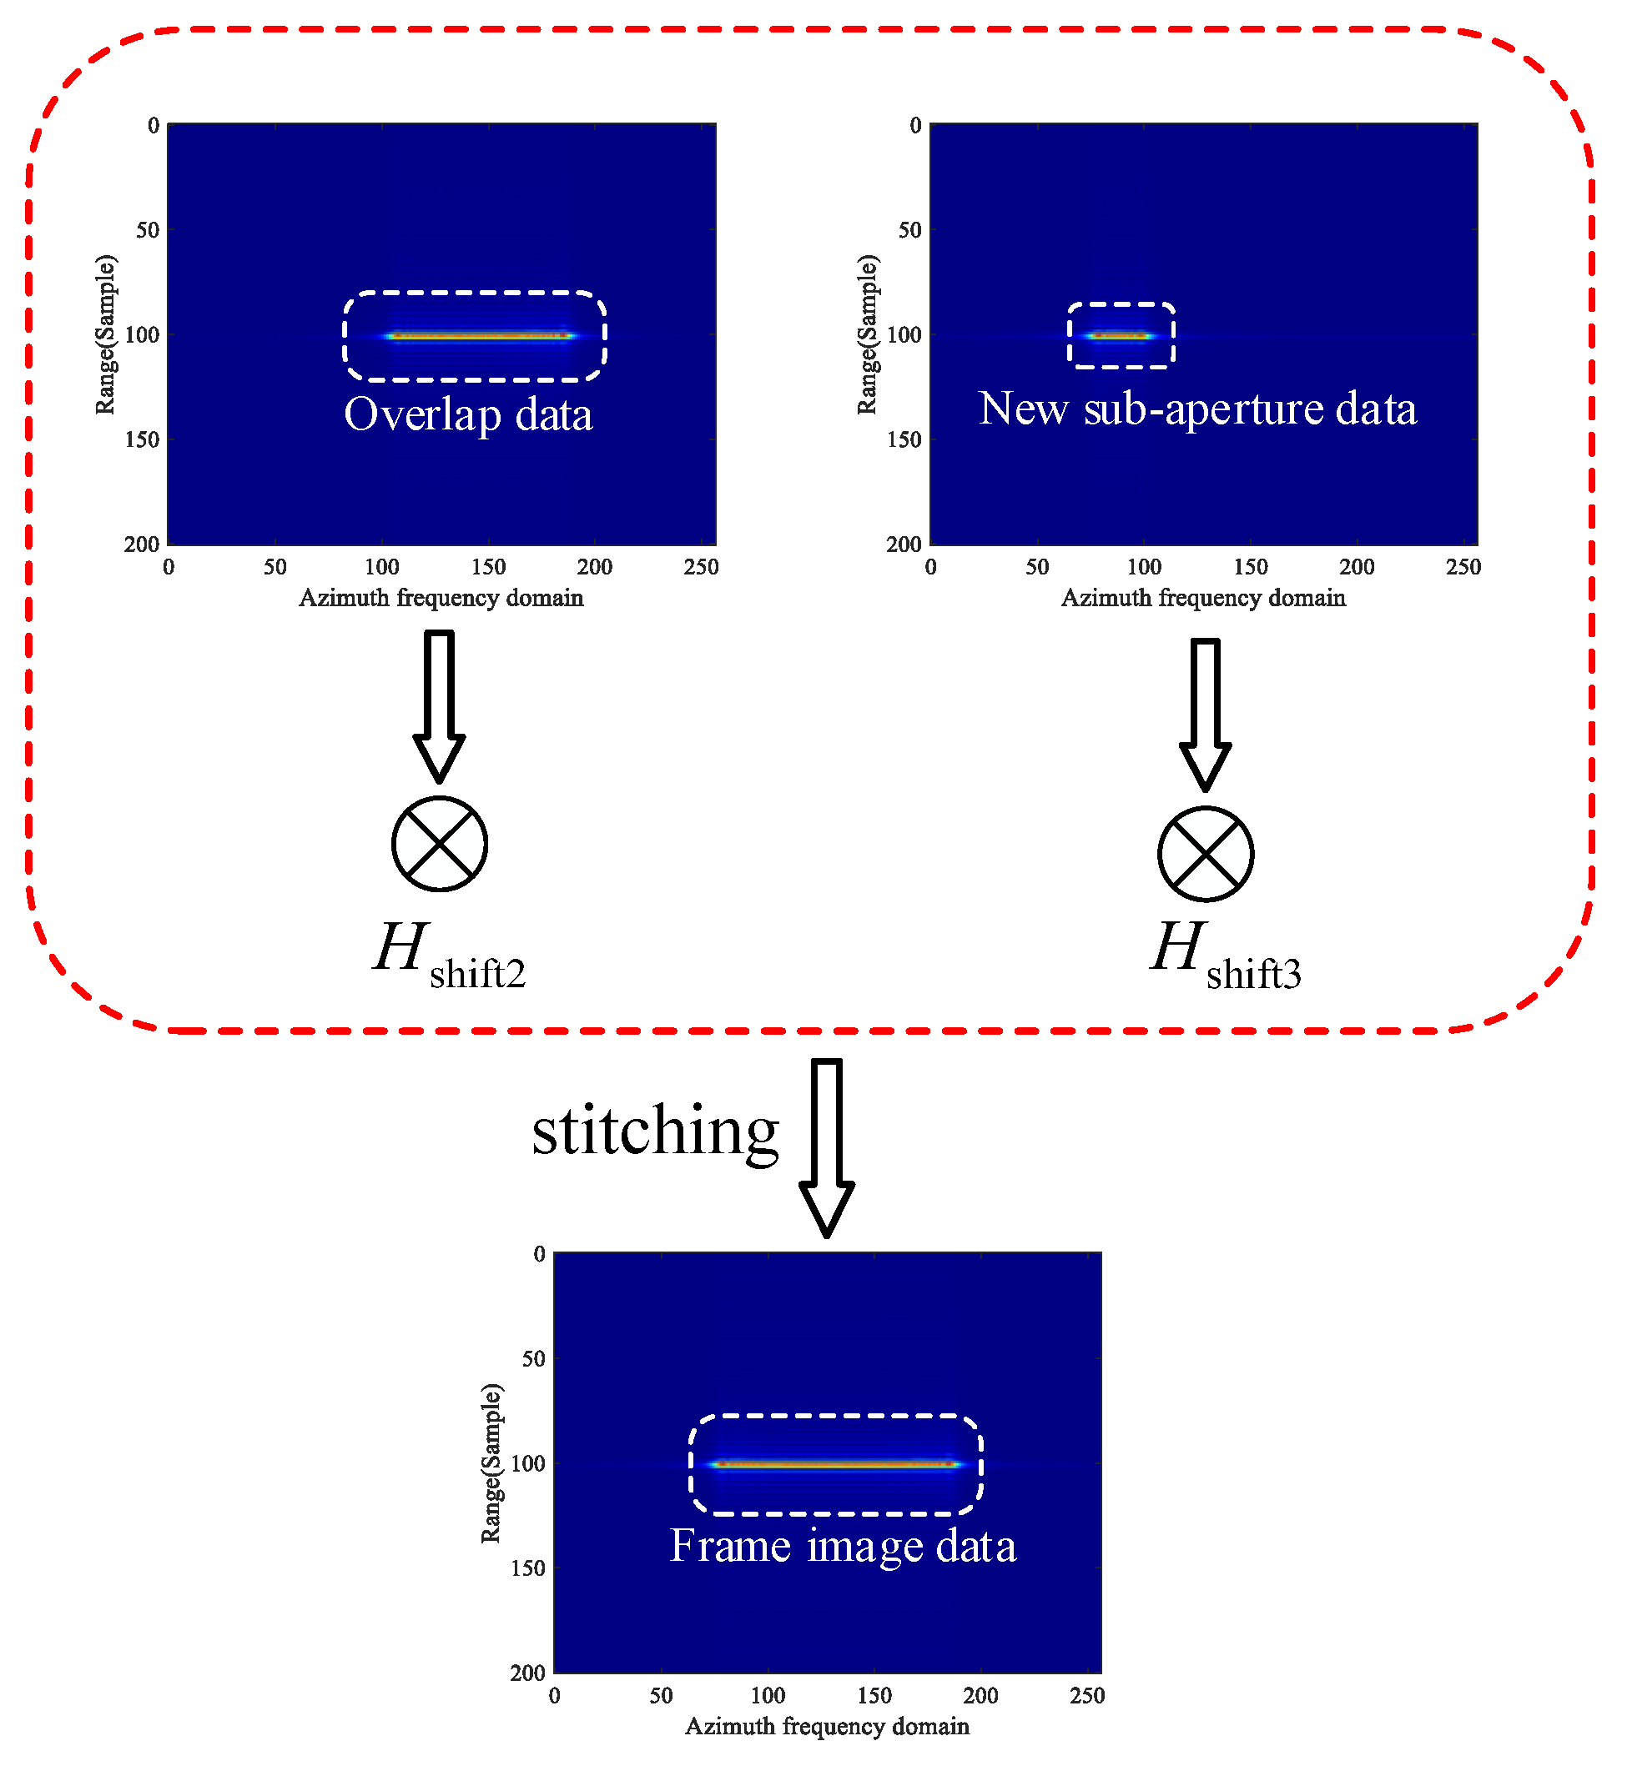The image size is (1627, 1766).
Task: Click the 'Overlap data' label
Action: click(x=467, y=414)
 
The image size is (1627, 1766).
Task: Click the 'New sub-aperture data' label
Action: click(x=1197, y=409)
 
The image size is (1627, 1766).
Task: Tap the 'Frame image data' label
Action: click(x=843, y=1546)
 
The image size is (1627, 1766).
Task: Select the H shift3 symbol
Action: click(x=1225, y=956)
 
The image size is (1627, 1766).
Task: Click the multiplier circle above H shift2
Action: click(x=440, y=844)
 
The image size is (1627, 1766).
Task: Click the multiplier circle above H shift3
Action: click(x=1206, y=854)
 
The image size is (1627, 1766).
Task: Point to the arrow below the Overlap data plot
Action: click(x=440, y=704)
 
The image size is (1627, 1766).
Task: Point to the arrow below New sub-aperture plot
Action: click(x=1206, y=713)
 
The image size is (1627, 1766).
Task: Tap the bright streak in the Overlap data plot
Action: click(x=481, y=335)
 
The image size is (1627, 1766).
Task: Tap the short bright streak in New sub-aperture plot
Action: click(x=1119, y=335)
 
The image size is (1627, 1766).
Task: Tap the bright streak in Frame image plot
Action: click(x=834, y=1465)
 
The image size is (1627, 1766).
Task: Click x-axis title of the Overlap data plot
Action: click(x=441, y=599)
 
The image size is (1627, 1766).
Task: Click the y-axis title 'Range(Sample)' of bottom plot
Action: click(x=491, y=1463)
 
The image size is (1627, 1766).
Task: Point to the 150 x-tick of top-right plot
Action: click(x=1250, y=568)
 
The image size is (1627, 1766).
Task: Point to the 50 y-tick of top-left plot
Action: click(x=147, y=230)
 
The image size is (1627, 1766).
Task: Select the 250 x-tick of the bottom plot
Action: click(x=1086, y=1697)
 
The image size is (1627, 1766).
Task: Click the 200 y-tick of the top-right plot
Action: click(x=904, y=544)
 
